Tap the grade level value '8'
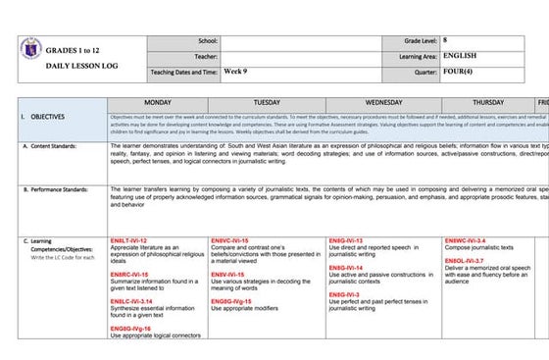[x=446, y=41]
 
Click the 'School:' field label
[x=207, y=41]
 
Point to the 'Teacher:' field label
[x=205, y=56]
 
